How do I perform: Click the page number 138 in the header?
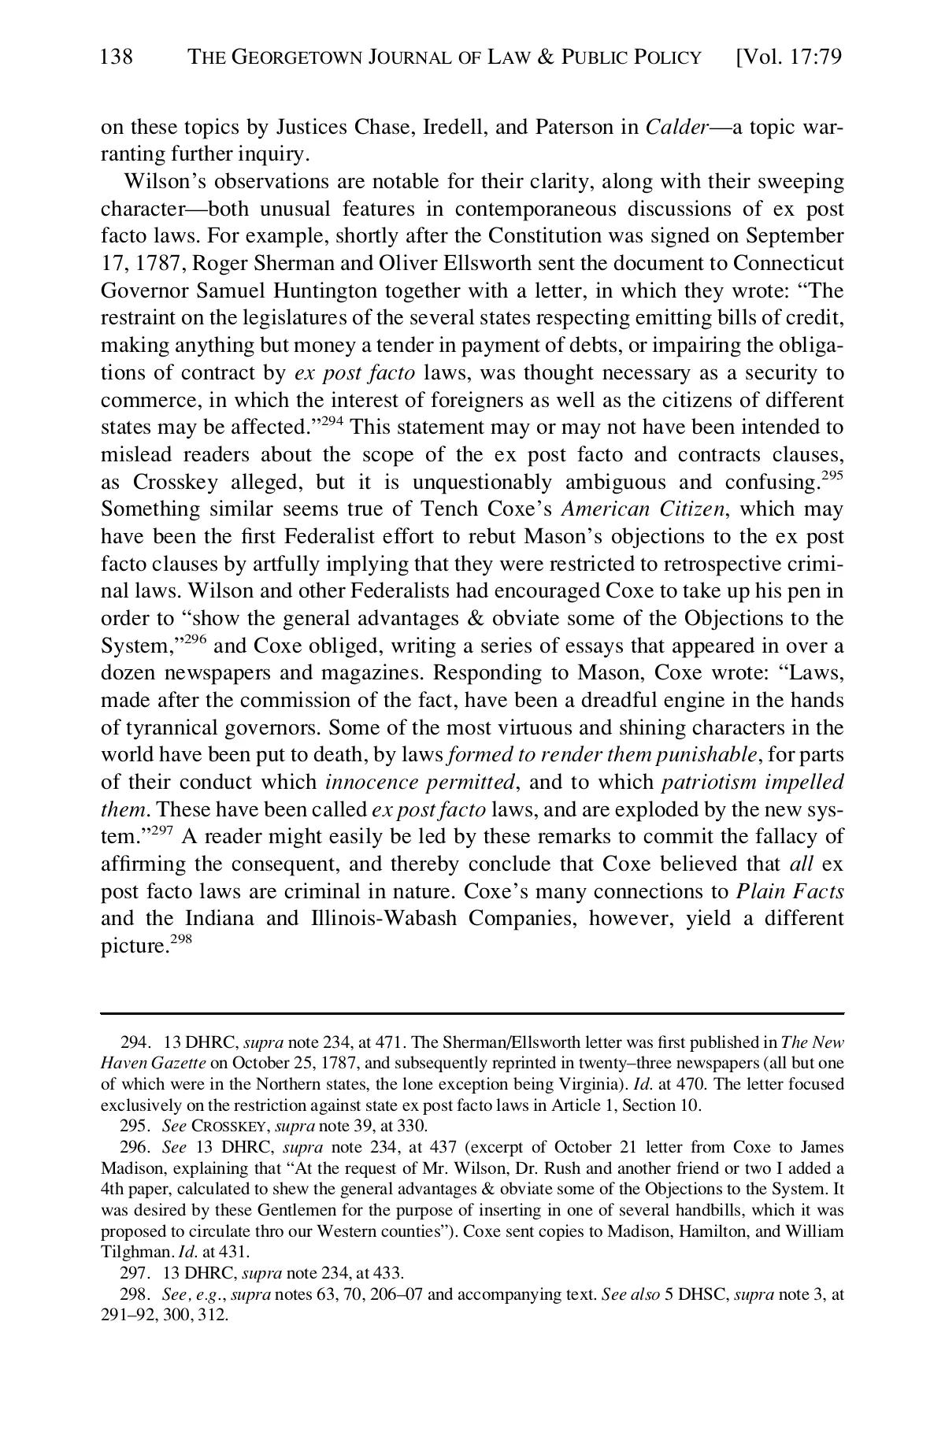(117, 57)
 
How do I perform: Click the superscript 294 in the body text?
(331, 421)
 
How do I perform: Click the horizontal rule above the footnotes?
(472, 1014)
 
